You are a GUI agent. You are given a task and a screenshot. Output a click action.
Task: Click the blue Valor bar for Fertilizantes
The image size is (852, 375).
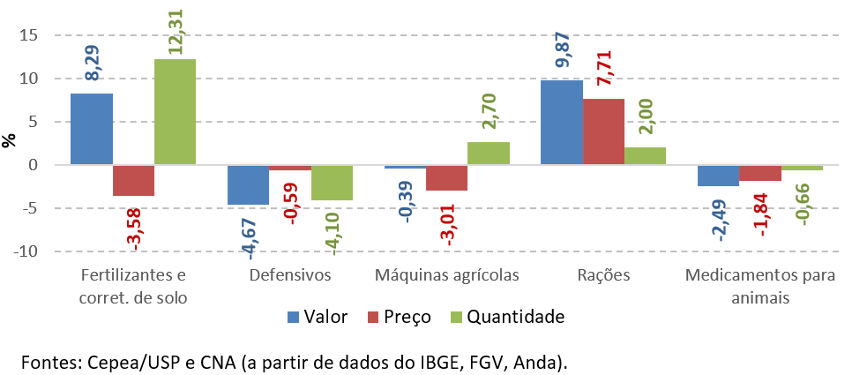point(92,129)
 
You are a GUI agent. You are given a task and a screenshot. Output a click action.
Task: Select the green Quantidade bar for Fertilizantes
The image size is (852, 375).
point(176,112)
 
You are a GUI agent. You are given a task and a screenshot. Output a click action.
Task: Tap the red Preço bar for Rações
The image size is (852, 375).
point(603,131)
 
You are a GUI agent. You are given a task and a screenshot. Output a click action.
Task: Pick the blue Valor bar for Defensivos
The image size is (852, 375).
point(248,185)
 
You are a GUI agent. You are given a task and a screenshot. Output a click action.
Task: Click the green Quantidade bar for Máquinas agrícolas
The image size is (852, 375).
point(489,154)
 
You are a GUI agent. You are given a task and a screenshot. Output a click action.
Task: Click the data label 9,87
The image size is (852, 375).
point(561,52)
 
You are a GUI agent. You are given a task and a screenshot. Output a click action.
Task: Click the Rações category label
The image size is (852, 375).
point(603,274)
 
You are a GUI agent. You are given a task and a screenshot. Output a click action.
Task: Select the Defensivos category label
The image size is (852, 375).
point(290,274)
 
